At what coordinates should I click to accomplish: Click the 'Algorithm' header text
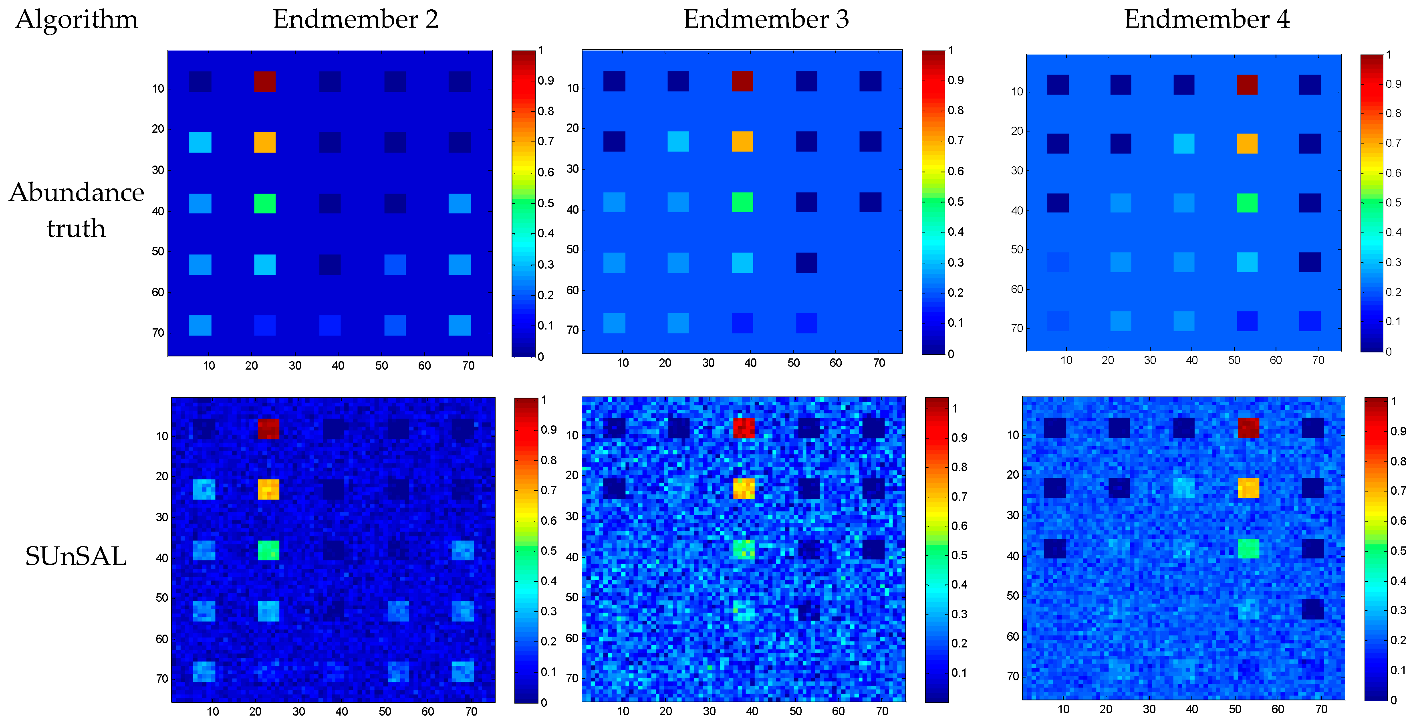(x=77, y=20)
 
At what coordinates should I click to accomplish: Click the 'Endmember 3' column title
(x=766, y=20)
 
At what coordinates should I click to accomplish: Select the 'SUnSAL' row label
(x=76, y=556)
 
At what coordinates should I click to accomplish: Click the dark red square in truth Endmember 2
(x=264, y=81)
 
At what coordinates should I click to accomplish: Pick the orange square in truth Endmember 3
(x=742, y=142)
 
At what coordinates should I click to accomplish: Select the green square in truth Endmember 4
(x=1247, y=203)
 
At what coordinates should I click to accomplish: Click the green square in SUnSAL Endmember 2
(x=268, y=550)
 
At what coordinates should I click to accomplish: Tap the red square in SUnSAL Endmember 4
(x=1248, y=427)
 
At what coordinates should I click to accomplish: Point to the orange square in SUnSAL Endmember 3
(x=743, y=488)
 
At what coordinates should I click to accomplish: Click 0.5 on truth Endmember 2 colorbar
(x=546, y=203)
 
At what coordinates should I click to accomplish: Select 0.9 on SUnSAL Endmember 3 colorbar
(x=959, y=438)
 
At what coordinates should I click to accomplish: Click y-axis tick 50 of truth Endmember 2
(x=158, y=251)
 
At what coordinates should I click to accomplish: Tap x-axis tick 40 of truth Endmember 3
(x=750, y=363)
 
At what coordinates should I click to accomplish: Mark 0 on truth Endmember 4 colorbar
(x=1388, y=352)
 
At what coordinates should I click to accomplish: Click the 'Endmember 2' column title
(x=355, y=20)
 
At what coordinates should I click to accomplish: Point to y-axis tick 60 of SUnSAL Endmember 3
(x=572, y=638)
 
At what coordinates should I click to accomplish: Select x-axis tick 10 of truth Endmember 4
(x=1066, y=360)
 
